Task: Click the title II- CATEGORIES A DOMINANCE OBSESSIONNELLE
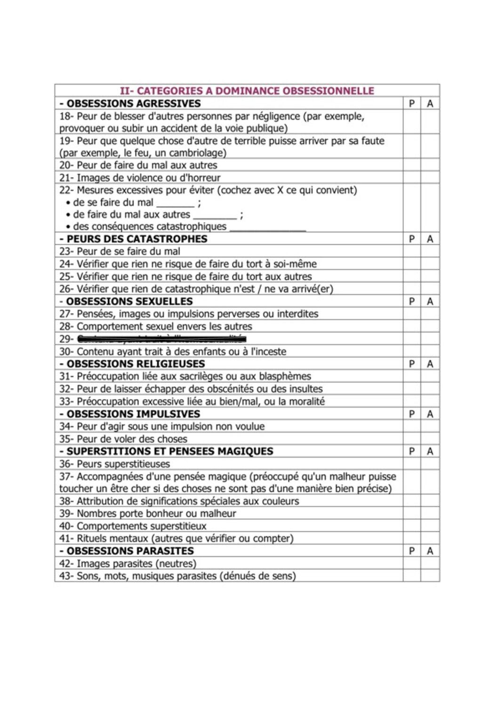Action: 247,91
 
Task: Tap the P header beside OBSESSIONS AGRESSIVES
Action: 412,103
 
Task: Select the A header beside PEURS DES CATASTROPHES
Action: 430,239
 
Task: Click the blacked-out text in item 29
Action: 161,339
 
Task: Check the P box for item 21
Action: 412,178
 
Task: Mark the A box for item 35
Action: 430,439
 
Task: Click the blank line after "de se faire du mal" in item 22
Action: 175,204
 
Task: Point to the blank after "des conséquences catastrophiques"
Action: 267,228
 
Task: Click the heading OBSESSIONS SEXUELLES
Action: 129,301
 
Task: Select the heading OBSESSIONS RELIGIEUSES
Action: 136,364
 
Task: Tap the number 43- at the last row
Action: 66,576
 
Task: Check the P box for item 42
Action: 412,563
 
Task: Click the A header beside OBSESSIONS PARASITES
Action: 430,551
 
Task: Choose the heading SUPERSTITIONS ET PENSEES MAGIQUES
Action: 169,451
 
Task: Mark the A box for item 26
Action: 430,289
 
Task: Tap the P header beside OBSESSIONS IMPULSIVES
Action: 412,414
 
